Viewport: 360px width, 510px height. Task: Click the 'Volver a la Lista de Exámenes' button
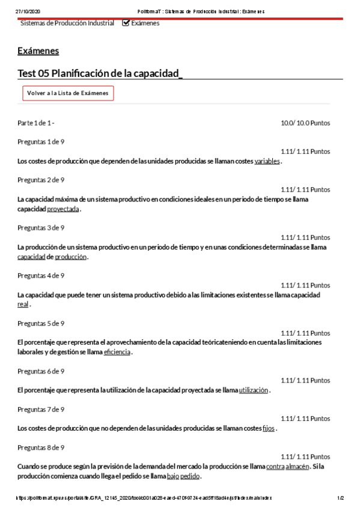coord(68,93)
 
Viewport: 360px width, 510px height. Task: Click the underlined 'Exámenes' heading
coord(38,51)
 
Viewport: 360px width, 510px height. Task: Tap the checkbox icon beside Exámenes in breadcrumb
coord(126,23)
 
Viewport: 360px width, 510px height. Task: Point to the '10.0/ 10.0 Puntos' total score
coord(305,123)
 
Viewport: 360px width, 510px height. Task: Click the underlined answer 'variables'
coord(267,161)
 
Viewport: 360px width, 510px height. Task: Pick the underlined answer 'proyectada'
coord(63,209)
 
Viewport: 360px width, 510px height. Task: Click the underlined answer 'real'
coord(23,304)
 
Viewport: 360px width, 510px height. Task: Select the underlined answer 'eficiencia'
coord(117,352)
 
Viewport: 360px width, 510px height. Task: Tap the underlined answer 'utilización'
coord(254,390)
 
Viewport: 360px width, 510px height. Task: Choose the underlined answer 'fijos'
coord(269,429)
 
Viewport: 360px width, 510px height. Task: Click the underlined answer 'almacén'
coord(297,467)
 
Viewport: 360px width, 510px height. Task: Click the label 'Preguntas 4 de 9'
coord(41,275)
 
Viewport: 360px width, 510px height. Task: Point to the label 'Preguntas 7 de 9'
coord(41,410)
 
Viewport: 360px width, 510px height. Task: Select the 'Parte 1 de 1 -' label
coord(36,123)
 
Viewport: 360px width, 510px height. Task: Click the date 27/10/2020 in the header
coord(28,11)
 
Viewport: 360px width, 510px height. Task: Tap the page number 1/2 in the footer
coord(340,498)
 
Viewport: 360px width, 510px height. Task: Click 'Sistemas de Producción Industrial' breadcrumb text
coord(67,23)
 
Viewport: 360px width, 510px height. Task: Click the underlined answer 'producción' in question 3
coord(71,257)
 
